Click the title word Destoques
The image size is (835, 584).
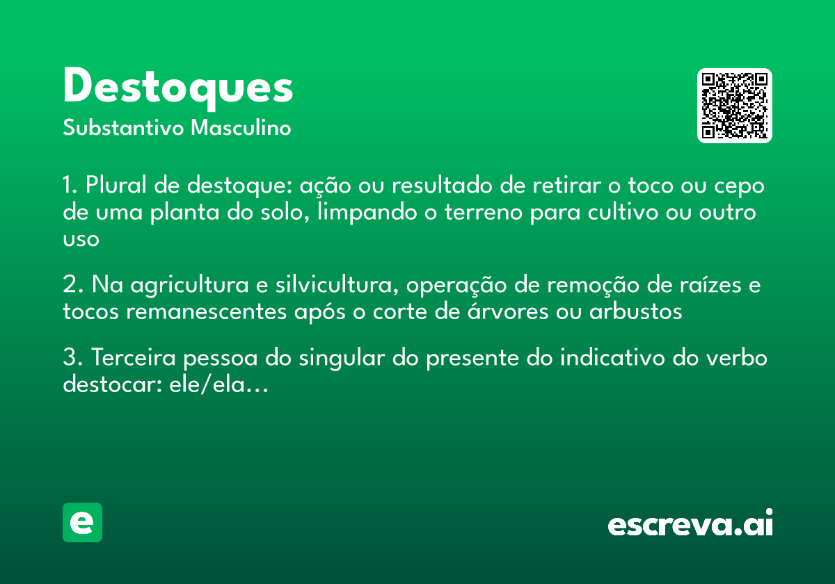coord(178,88)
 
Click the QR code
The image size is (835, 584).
coord(735,106)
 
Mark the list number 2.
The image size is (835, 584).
coord(70,286)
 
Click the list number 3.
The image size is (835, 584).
coord(70,359)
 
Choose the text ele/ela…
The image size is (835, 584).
coord(218,385)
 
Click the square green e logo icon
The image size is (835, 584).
coord(82,522)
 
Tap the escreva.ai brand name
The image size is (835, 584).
coord(690,524)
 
